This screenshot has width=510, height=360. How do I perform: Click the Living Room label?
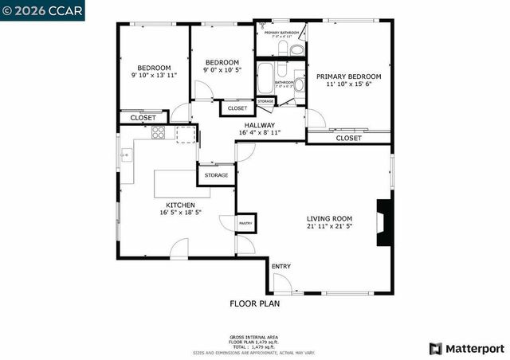click(x=330, y=218)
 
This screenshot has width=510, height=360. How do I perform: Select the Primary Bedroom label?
click(x=348, y=76)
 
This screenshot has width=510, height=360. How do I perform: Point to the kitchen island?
click(x=176, y=183)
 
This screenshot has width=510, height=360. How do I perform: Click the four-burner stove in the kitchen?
click(x=159, y=133)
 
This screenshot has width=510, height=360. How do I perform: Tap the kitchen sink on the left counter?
click(x=125, y=155)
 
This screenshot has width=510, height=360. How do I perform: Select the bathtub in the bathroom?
click(x=265, y=80)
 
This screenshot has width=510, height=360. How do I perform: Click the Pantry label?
click(x=245, y=224)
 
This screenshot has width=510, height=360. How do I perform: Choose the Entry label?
click(x=280, y=266)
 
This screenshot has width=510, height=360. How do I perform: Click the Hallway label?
click(x=259, y=125)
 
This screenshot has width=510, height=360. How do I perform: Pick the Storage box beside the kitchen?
click(x=216, y=175)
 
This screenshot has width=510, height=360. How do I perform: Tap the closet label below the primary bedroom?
click(x=348, y=138)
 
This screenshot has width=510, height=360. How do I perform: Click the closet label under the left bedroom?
click(x=143, y=118)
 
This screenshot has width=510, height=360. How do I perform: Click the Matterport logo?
click(x=466, y=348)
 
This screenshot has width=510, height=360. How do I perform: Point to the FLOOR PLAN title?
click(x=254, y=303)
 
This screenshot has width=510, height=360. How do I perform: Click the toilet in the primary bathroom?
click(x=296, y=49)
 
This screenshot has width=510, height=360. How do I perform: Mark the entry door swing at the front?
click(x=280, y=284)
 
